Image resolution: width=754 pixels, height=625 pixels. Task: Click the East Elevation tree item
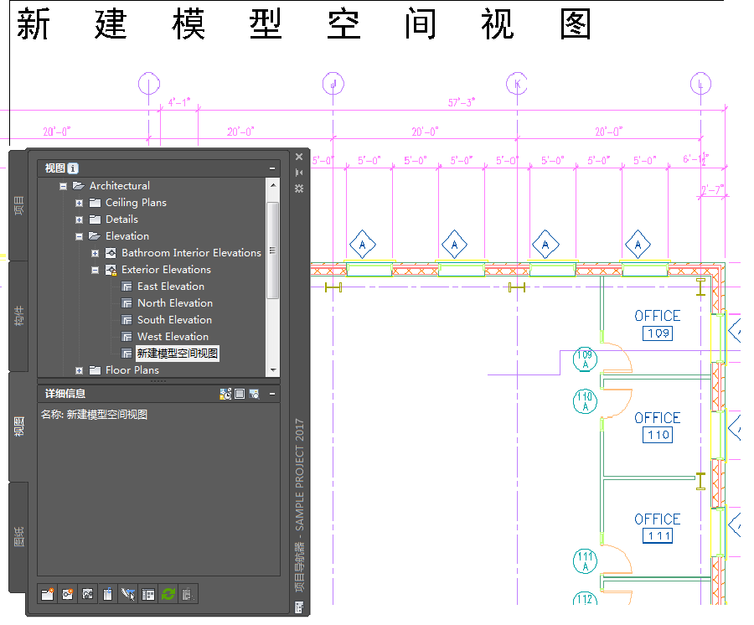[170, 287]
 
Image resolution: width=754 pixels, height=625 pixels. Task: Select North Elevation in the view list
[174, 303]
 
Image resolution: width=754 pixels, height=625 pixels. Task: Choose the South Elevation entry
[174, 320]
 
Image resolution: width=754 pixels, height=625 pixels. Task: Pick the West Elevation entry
[173, 337]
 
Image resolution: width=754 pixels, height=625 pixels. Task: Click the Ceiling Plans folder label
[136, 203]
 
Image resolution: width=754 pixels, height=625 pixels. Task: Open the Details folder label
[121, 220]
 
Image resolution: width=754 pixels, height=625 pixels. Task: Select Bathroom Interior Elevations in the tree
[191, 253]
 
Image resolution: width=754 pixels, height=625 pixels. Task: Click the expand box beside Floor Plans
[80, 370]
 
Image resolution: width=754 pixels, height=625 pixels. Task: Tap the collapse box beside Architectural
[64, 186]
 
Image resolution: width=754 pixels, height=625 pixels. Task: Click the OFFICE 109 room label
[658, 317]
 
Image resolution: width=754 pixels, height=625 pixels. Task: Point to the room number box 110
[658, 436]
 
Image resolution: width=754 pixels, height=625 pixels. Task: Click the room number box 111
[658, 536]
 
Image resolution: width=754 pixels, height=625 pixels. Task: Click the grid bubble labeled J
[333, 84]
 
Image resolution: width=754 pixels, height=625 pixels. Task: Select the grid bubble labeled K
[517, 84]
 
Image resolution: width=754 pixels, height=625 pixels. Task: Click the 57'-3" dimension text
[462, 102]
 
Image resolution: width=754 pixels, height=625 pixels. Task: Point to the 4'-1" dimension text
[179, 102]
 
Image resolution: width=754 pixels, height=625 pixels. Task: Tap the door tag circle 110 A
[585, 401]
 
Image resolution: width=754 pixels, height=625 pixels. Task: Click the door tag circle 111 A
[585, 561]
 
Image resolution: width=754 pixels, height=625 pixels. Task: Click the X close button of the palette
[299, 156]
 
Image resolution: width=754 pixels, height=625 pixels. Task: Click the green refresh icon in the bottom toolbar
[168, 595]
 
